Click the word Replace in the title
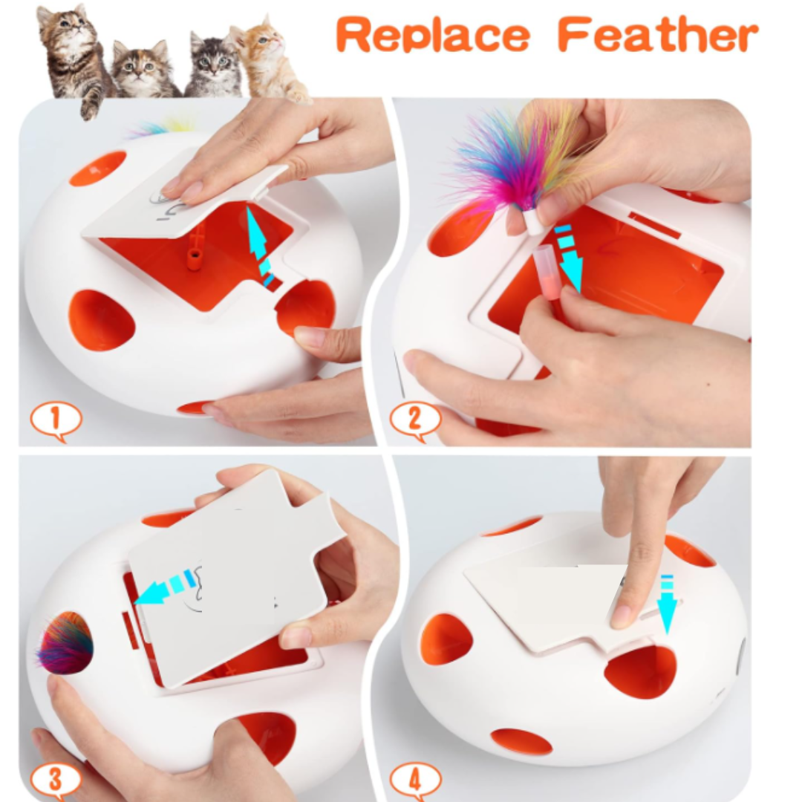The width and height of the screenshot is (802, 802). point(433,35)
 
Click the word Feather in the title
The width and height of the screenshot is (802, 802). point(658,33)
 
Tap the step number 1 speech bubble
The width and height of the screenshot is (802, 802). point(56,420)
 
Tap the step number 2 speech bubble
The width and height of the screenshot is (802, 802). point(415,420)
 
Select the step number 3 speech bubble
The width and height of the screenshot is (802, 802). point(55,780)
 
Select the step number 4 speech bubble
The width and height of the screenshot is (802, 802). point(415,780)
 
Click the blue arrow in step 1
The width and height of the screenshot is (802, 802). point(261,246)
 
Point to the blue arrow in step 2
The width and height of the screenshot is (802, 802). point(569,258)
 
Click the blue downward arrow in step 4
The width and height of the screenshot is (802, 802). point(667,604)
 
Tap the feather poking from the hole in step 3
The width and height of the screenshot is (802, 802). point(65,643)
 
